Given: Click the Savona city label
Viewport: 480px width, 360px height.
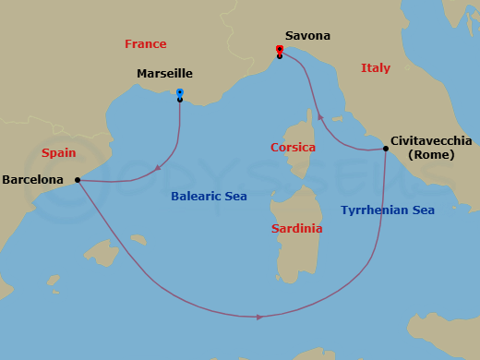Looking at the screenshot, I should point(307,36).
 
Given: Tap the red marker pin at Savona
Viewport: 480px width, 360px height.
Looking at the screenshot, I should point(280,50).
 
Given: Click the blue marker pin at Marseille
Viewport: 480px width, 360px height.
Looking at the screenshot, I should point(180,93).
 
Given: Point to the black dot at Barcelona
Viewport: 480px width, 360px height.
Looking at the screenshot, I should point(78,180).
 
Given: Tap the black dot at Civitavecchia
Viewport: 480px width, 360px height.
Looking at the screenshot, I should point(385,149).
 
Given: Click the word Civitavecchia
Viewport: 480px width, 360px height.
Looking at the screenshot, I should point(431,140).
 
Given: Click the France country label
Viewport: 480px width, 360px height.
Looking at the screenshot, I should point(146,43).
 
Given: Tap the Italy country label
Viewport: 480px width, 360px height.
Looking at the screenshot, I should point(376,67).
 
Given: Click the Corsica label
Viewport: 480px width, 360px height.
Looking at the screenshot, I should point(293,148).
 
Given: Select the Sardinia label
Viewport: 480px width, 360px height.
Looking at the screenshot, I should point(296,228).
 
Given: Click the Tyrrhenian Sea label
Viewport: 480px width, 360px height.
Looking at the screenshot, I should point(387,210).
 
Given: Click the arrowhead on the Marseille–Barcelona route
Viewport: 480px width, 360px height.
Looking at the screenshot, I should point(159,169).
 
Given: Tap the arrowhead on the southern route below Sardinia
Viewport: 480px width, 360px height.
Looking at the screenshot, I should point(259,317).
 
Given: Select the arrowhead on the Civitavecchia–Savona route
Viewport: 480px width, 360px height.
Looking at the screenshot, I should point(320,117).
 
